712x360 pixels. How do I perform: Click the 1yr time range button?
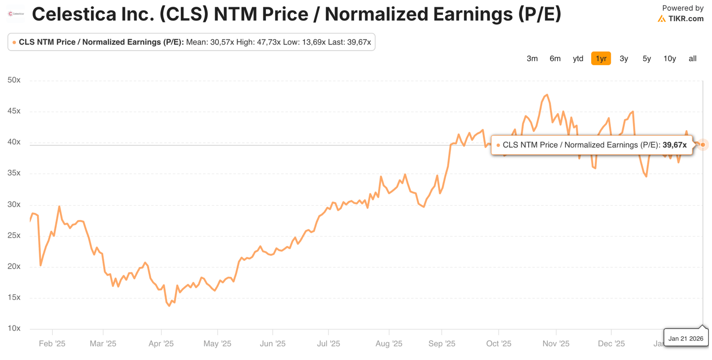601,58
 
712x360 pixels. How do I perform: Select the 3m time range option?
532,58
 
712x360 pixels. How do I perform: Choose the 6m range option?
555,58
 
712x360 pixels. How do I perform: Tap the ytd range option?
578,58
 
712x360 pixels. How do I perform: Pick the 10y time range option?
670,58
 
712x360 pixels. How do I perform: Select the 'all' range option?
692,58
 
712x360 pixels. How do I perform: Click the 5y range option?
646,58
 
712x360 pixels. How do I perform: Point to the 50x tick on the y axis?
14,80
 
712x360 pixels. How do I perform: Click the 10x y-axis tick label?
14,328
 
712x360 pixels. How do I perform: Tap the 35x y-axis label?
14,173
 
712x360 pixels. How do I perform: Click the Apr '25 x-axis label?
161,343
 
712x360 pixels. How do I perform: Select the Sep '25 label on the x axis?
442,343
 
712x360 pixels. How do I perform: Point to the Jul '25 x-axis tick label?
328,343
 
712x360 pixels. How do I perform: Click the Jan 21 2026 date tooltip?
686,338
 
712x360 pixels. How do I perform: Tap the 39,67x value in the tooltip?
674,145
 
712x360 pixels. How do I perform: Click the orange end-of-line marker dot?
703,145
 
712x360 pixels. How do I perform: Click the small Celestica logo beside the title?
16,14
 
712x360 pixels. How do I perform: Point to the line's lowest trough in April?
169,306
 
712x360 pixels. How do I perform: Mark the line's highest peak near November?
547,95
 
